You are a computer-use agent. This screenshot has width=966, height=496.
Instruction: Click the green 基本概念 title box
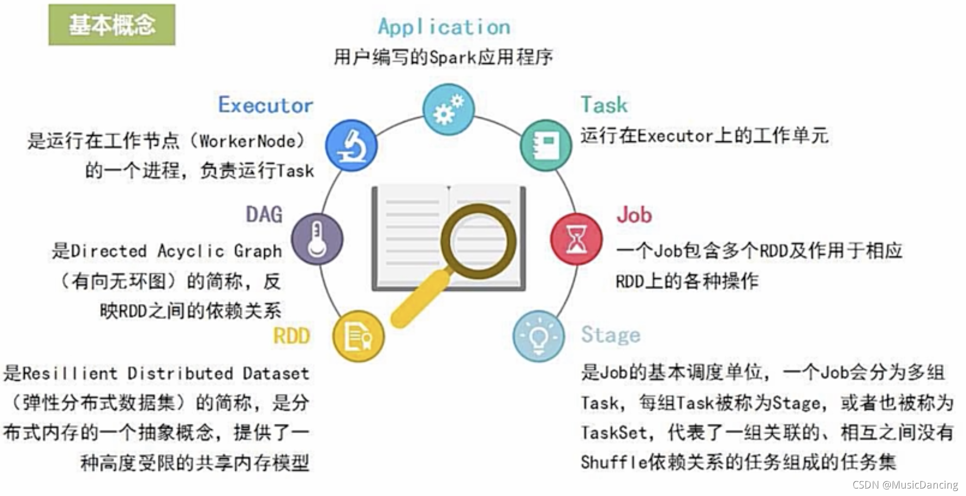coord(112,25)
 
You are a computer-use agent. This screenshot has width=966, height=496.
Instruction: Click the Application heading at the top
coord(444,27)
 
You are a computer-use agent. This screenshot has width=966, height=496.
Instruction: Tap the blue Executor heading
coord(265,105)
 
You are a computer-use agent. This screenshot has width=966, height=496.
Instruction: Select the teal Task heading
coord(604,105)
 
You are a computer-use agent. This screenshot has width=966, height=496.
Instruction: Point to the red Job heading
coord(634,215)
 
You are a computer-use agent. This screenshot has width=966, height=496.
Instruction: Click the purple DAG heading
coord(264,214)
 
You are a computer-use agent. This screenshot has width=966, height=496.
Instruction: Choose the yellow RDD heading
coord(291,336)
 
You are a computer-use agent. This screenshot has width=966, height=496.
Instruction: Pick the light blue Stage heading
coord(610,335)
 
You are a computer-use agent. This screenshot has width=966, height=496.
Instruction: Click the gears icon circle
coord(448,109)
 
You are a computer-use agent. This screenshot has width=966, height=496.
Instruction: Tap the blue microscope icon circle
coord(351,145)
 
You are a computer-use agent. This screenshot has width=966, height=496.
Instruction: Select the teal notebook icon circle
coord(545,145)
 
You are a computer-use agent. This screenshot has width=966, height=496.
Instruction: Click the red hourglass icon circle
coord(576,239)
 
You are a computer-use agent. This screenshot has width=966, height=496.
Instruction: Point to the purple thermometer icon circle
coord(317,239)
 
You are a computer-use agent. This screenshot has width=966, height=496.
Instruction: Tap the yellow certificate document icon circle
coord(358,336)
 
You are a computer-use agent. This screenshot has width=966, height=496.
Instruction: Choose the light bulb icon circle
coord(539,336)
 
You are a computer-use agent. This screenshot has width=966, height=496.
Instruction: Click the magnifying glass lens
coord(478,241)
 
